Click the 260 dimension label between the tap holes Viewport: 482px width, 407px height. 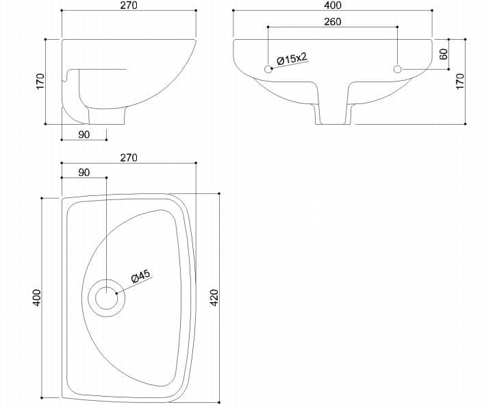[x=333, y=22]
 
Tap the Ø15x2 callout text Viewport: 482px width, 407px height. [x=292, y=58]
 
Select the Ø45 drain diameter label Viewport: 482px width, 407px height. [x=140, y=276]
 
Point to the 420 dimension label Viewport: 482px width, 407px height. [x=214, y=297]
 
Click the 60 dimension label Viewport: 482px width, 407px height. [x=444, y=54]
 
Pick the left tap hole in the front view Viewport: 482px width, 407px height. [x=268, y=69]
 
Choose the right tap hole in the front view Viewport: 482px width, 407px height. [x=398, y=69]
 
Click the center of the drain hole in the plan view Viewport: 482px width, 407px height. [x=106, y=297]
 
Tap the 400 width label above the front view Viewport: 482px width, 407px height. [x=333, y=5]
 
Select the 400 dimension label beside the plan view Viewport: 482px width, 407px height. [x=36, y=297]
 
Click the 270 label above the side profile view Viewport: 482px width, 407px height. [x=129, y=5]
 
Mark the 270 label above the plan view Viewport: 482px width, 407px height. [x=129, y=158]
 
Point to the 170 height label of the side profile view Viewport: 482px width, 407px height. [x=40, y=82]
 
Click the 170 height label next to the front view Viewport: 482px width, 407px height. [x=460, y=82]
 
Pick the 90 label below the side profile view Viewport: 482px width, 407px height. [x=84, y=134]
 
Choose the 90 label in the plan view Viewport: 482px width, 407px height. [x=84, y=173]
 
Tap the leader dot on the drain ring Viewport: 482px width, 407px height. [x=116, y=293]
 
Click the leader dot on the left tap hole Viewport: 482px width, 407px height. [x=272, y=68]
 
